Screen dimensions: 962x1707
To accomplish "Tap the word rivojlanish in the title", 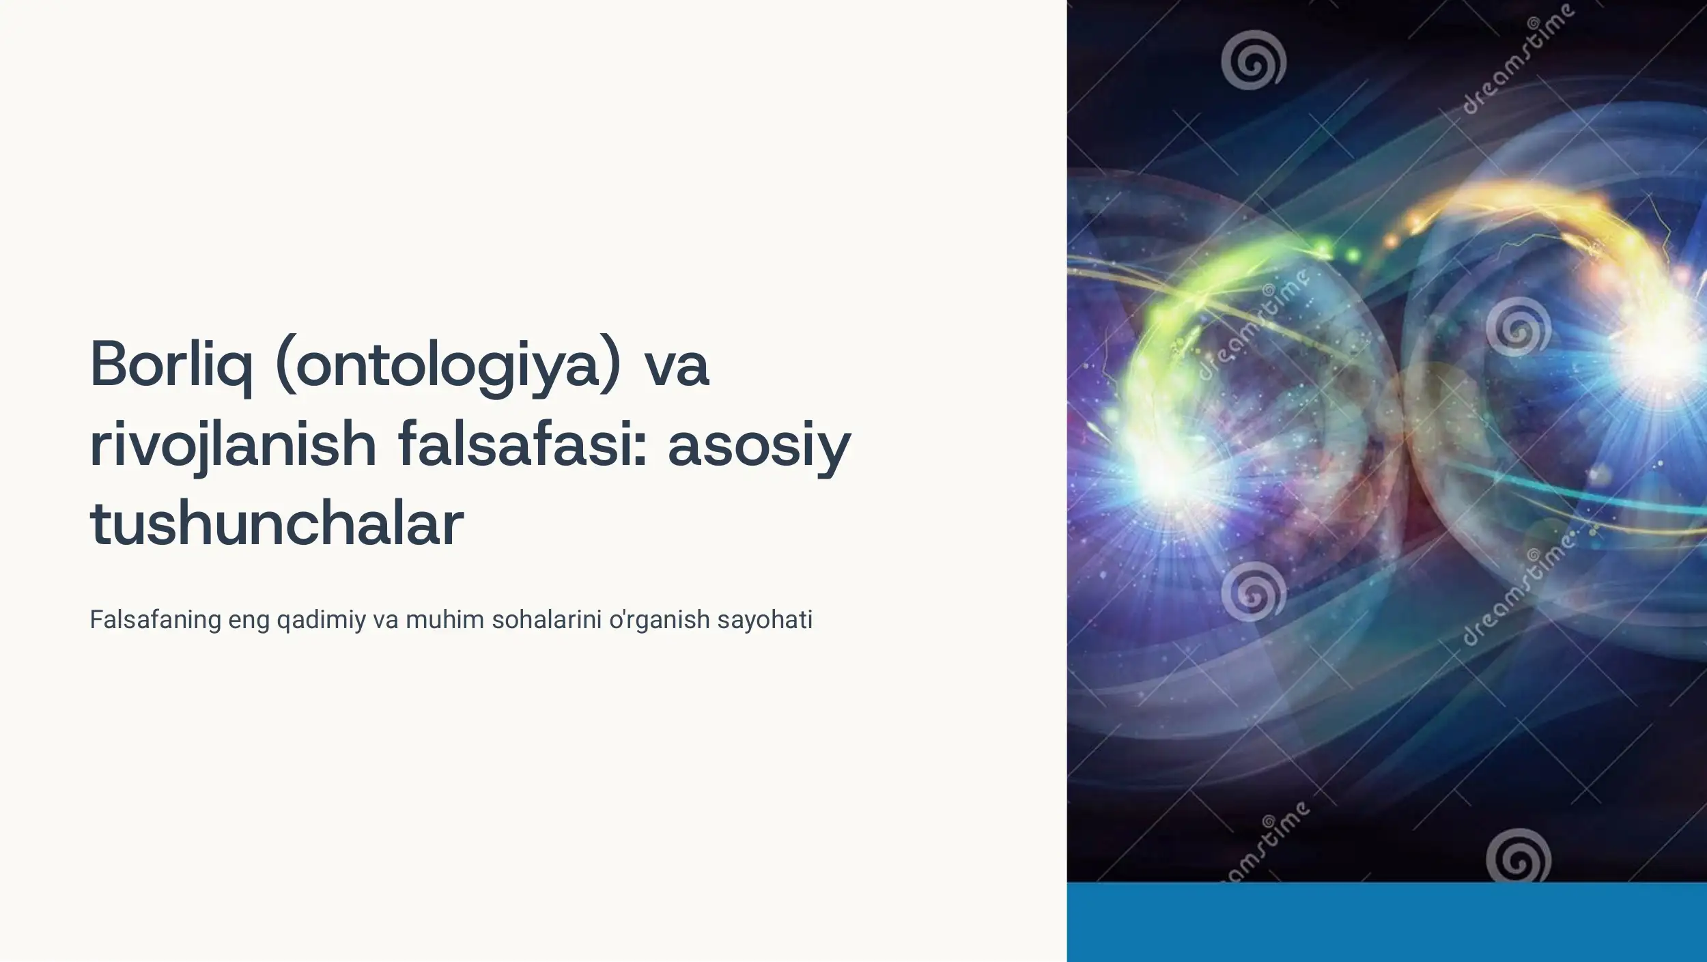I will [233, 444].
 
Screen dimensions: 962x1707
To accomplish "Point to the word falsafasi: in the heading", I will [522, 444].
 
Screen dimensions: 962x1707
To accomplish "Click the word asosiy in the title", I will [759, 444].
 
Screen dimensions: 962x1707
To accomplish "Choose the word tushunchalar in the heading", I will [277, 524].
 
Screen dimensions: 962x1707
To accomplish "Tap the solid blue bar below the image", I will [1386, 922].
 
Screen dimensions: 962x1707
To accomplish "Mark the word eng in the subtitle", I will [249, 620].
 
